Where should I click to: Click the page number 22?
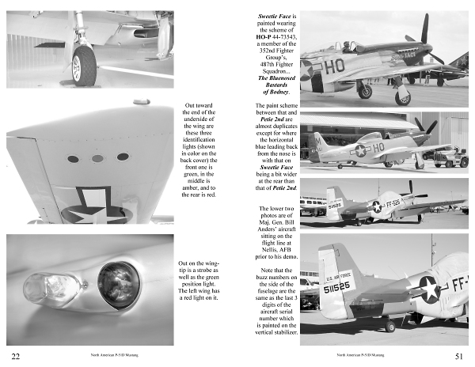coord(15,356)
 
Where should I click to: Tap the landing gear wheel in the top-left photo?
coord(84,66)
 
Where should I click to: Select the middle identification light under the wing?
coord(97,158)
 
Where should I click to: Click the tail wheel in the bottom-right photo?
coord(389,325)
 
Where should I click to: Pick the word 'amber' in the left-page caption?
coord(192,187)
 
